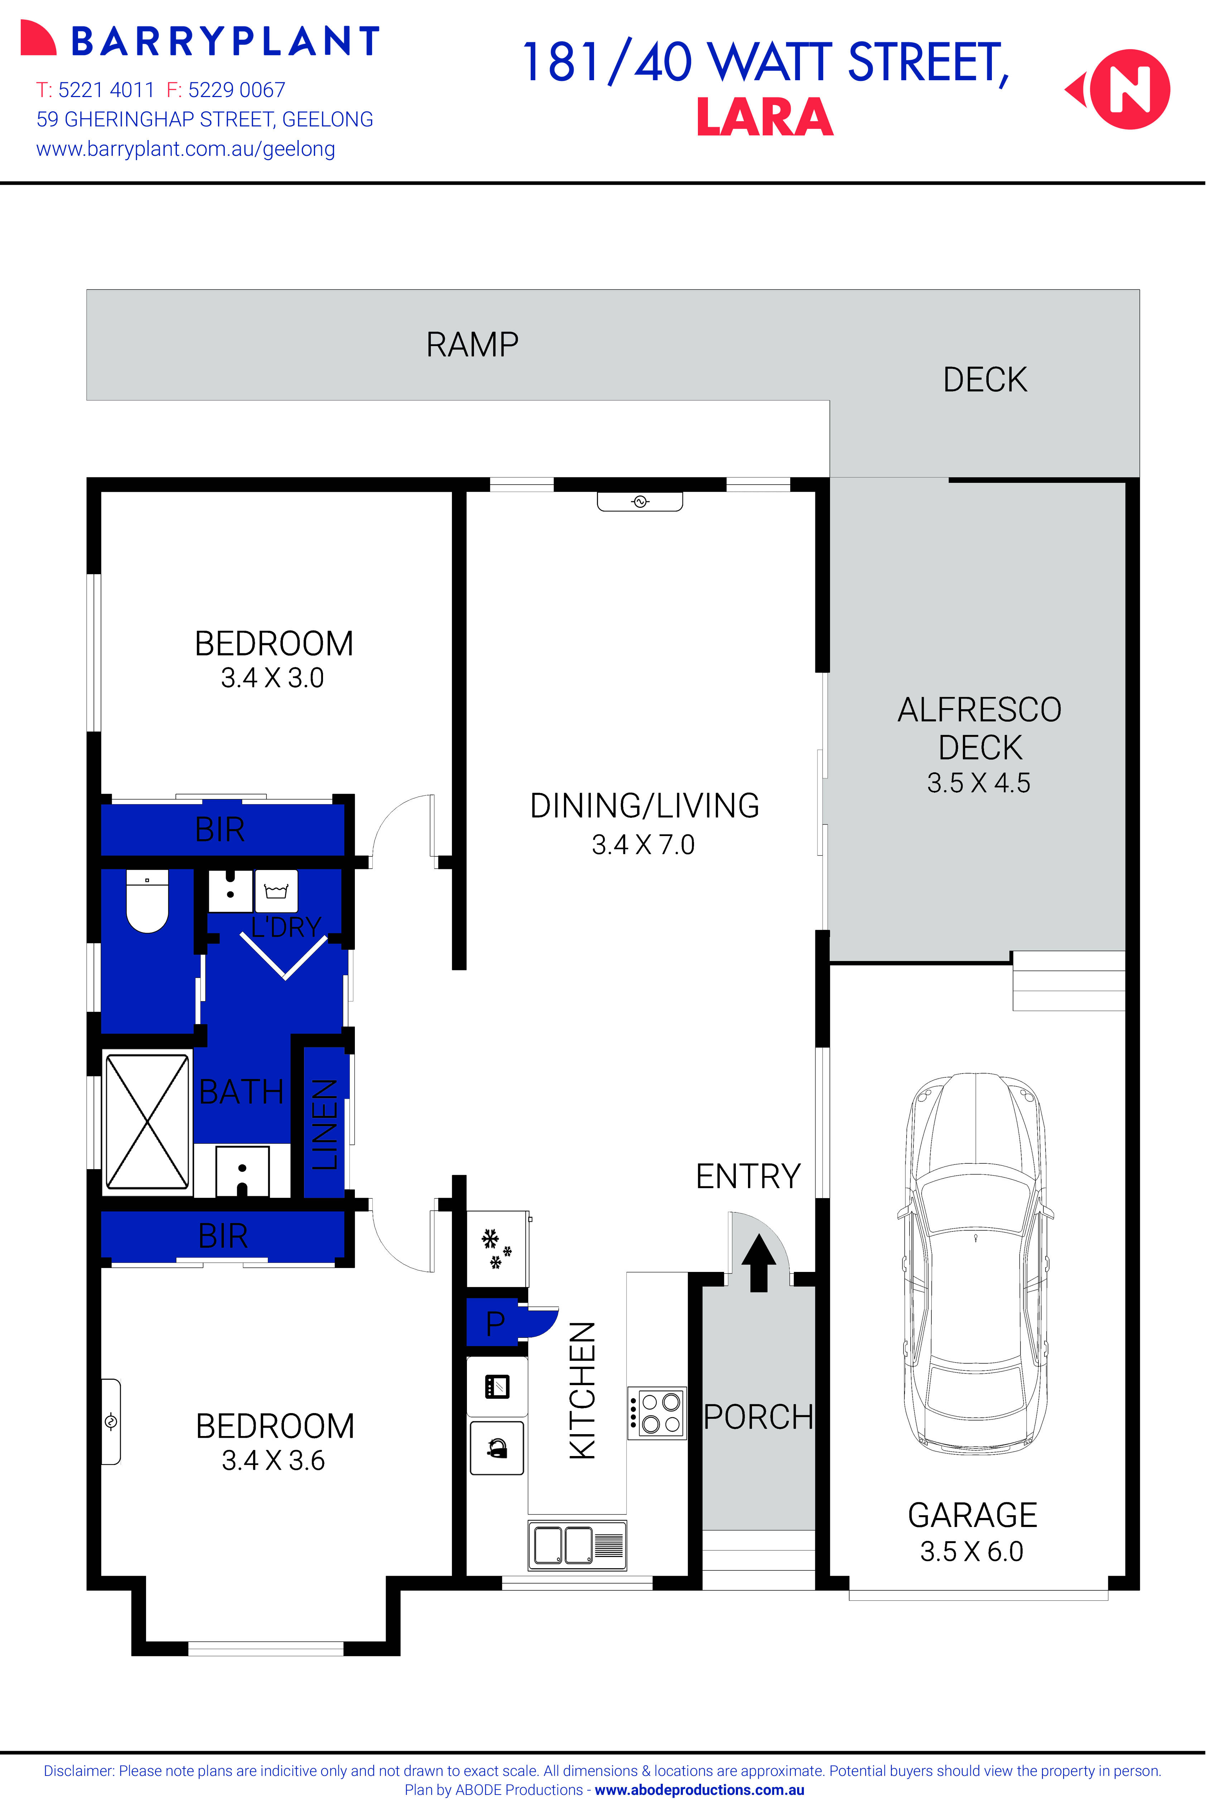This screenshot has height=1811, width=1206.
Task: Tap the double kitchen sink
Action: click(x=577, y=1545)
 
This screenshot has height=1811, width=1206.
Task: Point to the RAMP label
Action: click(x=472, y=345)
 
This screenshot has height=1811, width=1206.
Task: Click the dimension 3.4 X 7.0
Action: click(x=643, y=845)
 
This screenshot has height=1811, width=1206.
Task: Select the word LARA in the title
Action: click(x=764, y=118)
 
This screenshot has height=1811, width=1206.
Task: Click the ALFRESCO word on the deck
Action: click(x=979, y=709)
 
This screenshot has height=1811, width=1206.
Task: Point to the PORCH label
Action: click(x=758, y=1417)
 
